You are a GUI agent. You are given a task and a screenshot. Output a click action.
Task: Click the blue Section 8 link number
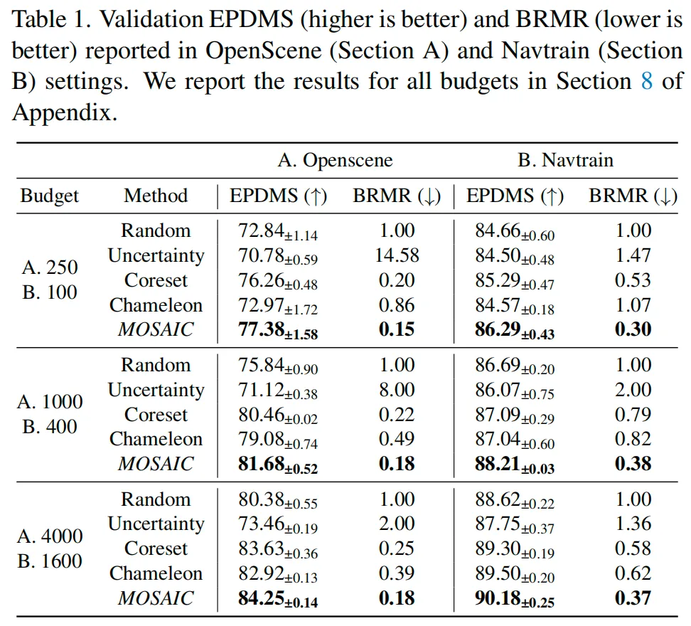647,81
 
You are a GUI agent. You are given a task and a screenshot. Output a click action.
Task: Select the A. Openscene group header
335,160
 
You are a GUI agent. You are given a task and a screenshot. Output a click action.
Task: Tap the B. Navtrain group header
565,160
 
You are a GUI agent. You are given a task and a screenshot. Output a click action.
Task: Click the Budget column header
50,196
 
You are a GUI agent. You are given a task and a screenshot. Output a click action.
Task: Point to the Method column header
156,196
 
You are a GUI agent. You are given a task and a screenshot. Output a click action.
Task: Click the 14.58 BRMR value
397,255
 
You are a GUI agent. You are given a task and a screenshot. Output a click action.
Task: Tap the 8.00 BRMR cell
397,390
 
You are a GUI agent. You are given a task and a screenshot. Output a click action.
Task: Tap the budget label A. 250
50,267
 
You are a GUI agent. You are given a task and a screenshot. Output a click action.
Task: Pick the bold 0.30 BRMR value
633,330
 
